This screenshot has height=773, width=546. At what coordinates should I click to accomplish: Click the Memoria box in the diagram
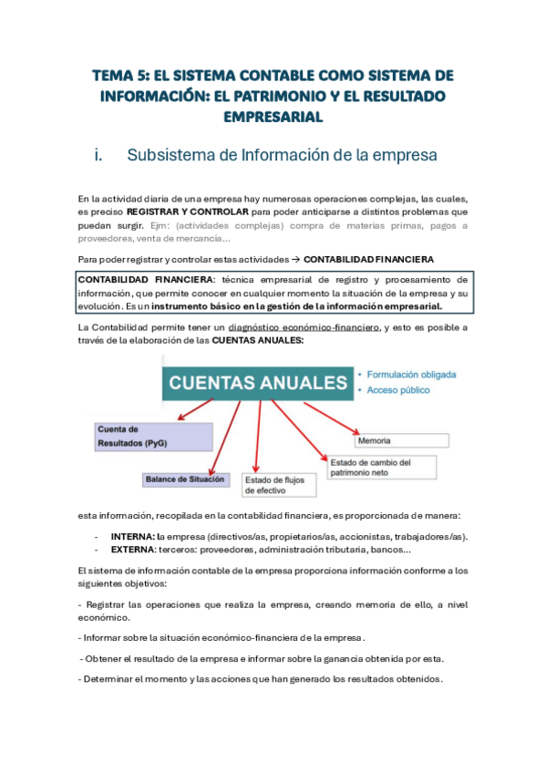pos(401,440)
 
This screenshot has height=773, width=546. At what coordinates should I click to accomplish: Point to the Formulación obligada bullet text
pos(411,374)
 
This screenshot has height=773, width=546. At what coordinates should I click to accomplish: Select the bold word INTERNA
pos(132,536)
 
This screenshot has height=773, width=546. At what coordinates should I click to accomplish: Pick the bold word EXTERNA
pos(133,549)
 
